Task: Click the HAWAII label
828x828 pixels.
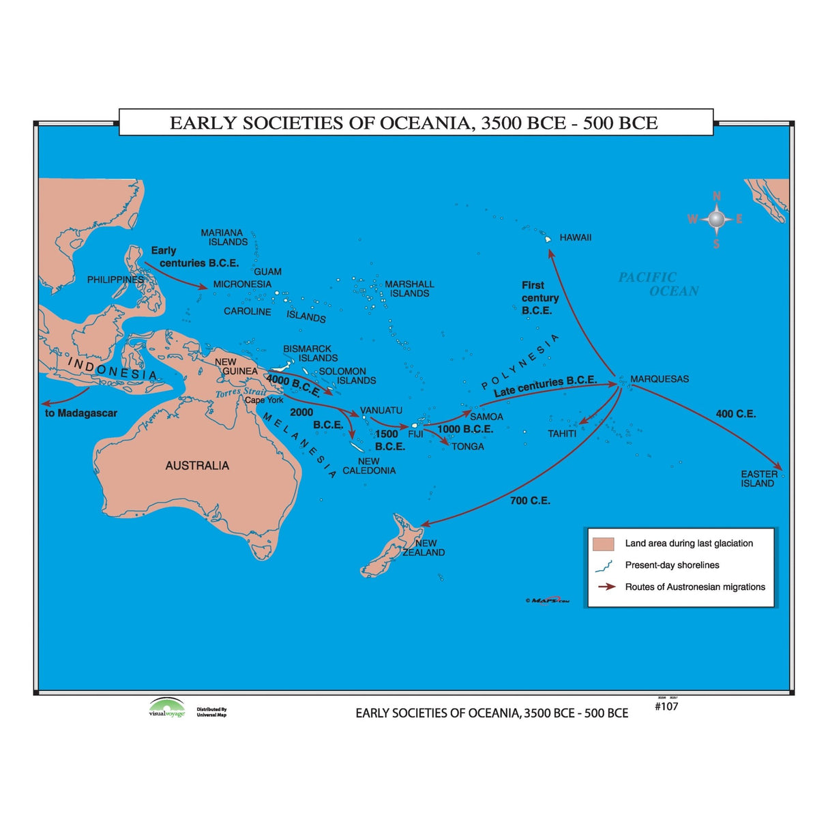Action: [575, 237]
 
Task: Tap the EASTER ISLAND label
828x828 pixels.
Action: [758, 478]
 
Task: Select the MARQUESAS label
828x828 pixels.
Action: [659, 379]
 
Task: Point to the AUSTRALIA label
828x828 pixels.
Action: [197, 465]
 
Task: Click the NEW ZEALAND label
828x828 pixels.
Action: [424, 548]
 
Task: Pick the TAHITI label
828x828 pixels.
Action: [562, 433]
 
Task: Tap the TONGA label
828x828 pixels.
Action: [468, 446]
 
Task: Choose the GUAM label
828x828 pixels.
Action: [267, 271]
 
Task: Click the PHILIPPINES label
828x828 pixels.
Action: [115, 280]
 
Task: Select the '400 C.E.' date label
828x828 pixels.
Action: [735, 414]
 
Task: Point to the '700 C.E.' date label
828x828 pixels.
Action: [530, 501]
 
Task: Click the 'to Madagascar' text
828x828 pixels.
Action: [81, 413]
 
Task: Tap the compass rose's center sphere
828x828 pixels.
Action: [715, 219]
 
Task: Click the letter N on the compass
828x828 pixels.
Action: [716, 196]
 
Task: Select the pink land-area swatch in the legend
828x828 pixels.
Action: [604, 544]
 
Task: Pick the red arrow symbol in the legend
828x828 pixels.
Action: [606, 587]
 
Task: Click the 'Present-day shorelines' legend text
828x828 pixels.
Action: [672, 565]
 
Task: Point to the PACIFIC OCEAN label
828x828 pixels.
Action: [658, 284]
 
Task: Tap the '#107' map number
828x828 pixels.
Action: [666, 707]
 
